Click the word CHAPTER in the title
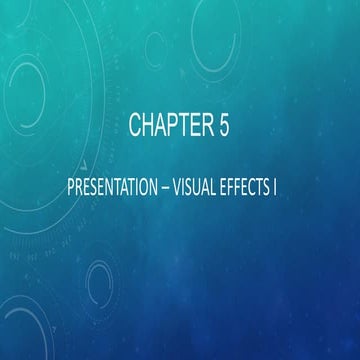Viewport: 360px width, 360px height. click(170, 125)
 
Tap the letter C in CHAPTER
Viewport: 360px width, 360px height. click(135, 125)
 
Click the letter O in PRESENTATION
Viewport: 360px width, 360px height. click(138, 187)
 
